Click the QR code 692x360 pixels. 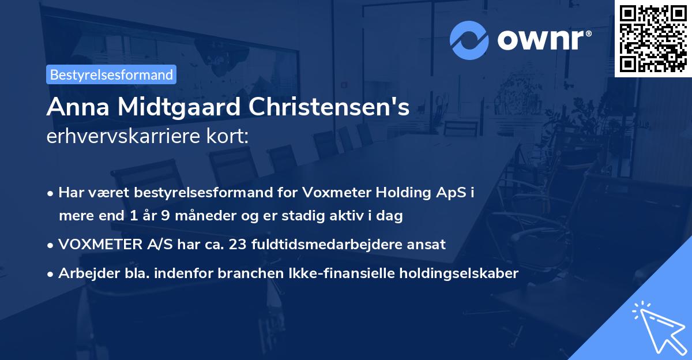click(653, 39)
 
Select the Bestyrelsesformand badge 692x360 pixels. click(111, 74)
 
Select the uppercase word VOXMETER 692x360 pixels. click(97, 245)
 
